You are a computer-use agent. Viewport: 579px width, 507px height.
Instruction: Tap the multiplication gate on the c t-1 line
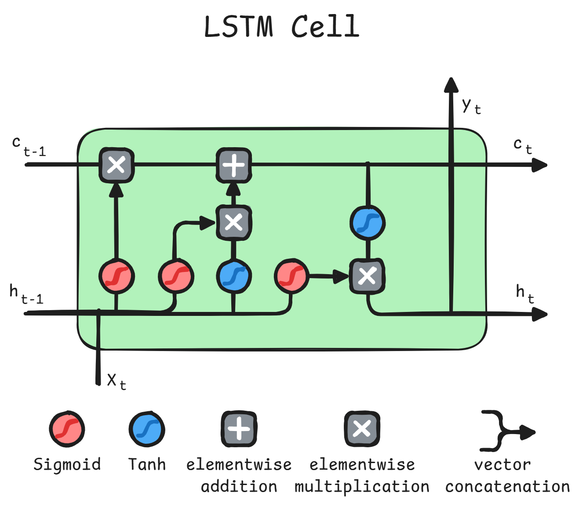117,165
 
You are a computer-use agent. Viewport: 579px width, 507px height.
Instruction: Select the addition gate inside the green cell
233,165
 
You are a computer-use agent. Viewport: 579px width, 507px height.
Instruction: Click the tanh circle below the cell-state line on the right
368,223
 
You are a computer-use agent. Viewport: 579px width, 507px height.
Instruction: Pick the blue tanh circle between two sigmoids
233,276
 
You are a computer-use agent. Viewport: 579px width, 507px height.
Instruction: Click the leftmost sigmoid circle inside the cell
117,276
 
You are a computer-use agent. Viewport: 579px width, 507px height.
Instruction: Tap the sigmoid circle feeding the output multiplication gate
291,276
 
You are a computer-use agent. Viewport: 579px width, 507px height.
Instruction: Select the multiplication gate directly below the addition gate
233,222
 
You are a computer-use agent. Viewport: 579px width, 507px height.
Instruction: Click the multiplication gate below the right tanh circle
367,276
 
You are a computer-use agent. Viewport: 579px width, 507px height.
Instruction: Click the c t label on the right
523,145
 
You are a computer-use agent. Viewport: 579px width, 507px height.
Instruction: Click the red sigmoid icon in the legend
67,429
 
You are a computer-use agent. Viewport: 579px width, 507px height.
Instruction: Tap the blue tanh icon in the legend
147,429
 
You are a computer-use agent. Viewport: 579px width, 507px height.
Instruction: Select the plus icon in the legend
239,429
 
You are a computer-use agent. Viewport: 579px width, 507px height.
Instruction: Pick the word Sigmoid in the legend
67,464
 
